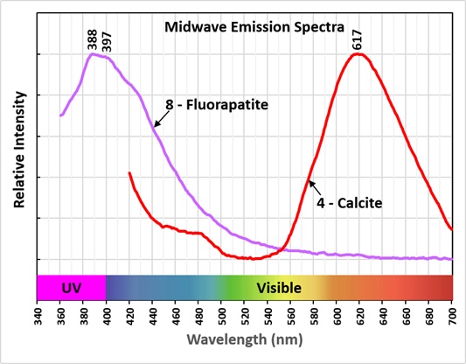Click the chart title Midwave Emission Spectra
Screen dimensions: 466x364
click(254, 27)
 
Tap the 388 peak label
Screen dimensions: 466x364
click(93, 39)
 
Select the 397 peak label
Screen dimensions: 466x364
click(107, 42)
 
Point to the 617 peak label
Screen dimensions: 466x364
click(357, 39)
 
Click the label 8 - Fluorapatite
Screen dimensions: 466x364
click(217, 105)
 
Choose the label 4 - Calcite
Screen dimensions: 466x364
click(349, 203)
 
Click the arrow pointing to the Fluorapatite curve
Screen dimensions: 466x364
click(162, 119)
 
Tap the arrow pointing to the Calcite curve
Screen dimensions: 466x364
click(315, 188)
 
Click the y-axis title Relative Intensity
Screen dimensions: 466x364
click(19, 150)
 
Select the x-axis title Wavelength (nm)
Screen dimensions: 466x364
click(245, 339)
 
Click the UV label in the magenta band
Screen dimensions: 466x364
click(72, 288)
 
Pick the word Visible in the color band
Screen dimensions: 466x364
click(279, 288)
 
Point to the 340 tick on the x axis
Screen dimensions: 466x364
click(38, 316)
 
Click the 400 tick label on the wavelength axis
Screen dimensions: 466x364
click(107, 316)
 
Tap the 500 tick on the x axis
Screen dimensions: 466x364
click(222, 316)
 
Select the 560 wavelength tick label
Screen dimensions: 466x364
click(291, 316)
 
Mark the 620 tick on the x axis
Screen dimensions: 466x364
click(360, 316)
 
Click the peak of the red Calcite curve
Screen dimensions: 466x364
click(358, 54)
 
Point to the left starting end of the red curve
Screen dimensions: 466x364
click(129, 172)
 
